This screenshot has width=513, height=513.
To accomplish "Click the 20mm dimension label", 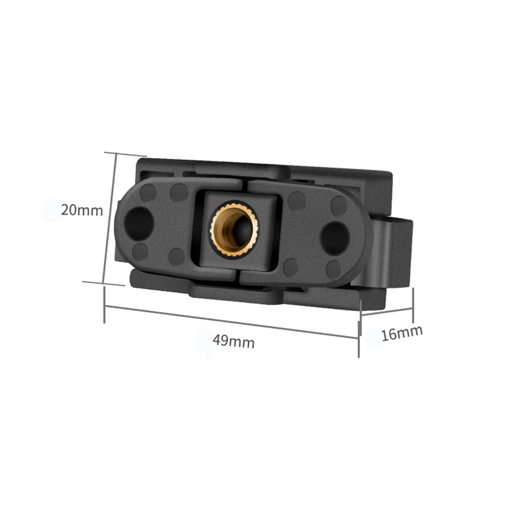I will [x=82, y=210].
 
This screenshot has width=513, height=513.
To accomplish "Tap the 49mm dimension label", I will [x=234, y=341].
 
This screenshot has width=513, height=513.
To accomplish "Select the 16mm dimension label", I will [x=402, y=333].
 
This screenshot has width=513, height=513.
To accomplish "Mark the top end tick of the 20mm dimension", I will [x=125, y=154].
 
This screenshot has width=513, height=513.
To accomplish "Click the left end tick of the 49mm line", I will [x=105, y=305].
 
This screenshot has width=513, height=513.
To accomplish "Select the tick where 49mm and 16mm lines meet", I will [x=359, y=328].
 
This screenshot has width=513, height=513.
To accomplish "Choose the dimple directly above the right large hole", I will [x=339, y=206].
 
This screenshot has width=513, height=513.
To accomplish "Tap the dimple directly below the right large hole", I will [x=334, y=267].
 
